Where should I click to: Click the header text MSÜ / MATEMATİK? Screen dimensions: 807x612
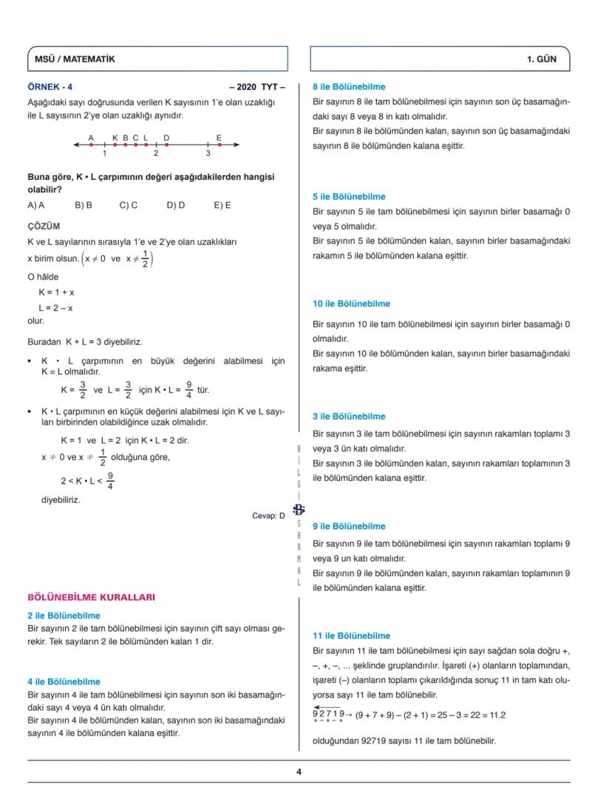(x=75, y=58)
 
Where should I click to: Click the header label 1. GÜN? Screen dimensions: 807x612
(x=541, y=58)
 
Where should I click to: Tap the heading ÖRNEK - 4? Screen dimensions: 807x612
(x=50, y=87)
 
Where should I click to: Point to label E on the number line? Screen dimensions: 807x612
(x=219, y=137)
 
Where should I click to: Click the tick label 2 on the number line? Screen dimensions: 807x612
(x=156, y=154)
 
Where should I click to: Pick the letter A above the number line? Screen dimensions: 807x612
(x=91, y=137)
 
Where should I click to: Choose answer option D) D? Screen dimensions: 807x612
(x=175, y=205)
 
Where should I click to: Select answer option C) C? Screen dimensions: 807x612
(x=129, y=205)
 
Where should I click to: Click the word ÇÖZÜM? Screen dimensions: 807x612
(x=44, y=226)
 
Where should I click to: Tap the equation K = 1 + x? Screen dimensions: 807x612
(x=56, y=292)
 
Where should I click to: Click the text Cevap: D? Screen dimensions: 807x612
(x=268, y=516)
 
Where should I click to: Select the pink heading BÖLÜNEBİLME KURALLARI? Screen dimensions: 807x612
(x=91, y=597)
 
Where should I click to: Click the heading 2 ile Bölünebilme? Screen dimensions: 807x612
(x=64, y=615)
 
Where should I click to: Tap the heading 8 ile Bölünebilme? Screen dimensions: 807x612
(x=349, y=87)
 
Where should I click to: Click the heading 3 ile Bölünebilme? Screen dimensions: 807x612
(x=349, y=416)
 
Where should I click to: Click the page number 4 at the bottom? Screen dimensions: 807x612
(x=299, y=771)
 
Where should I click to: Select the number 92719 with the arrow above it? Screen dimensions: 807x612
(x=328, y=714)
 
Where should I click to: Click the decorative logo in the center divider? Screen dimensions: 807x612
(x=299, y=509)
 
